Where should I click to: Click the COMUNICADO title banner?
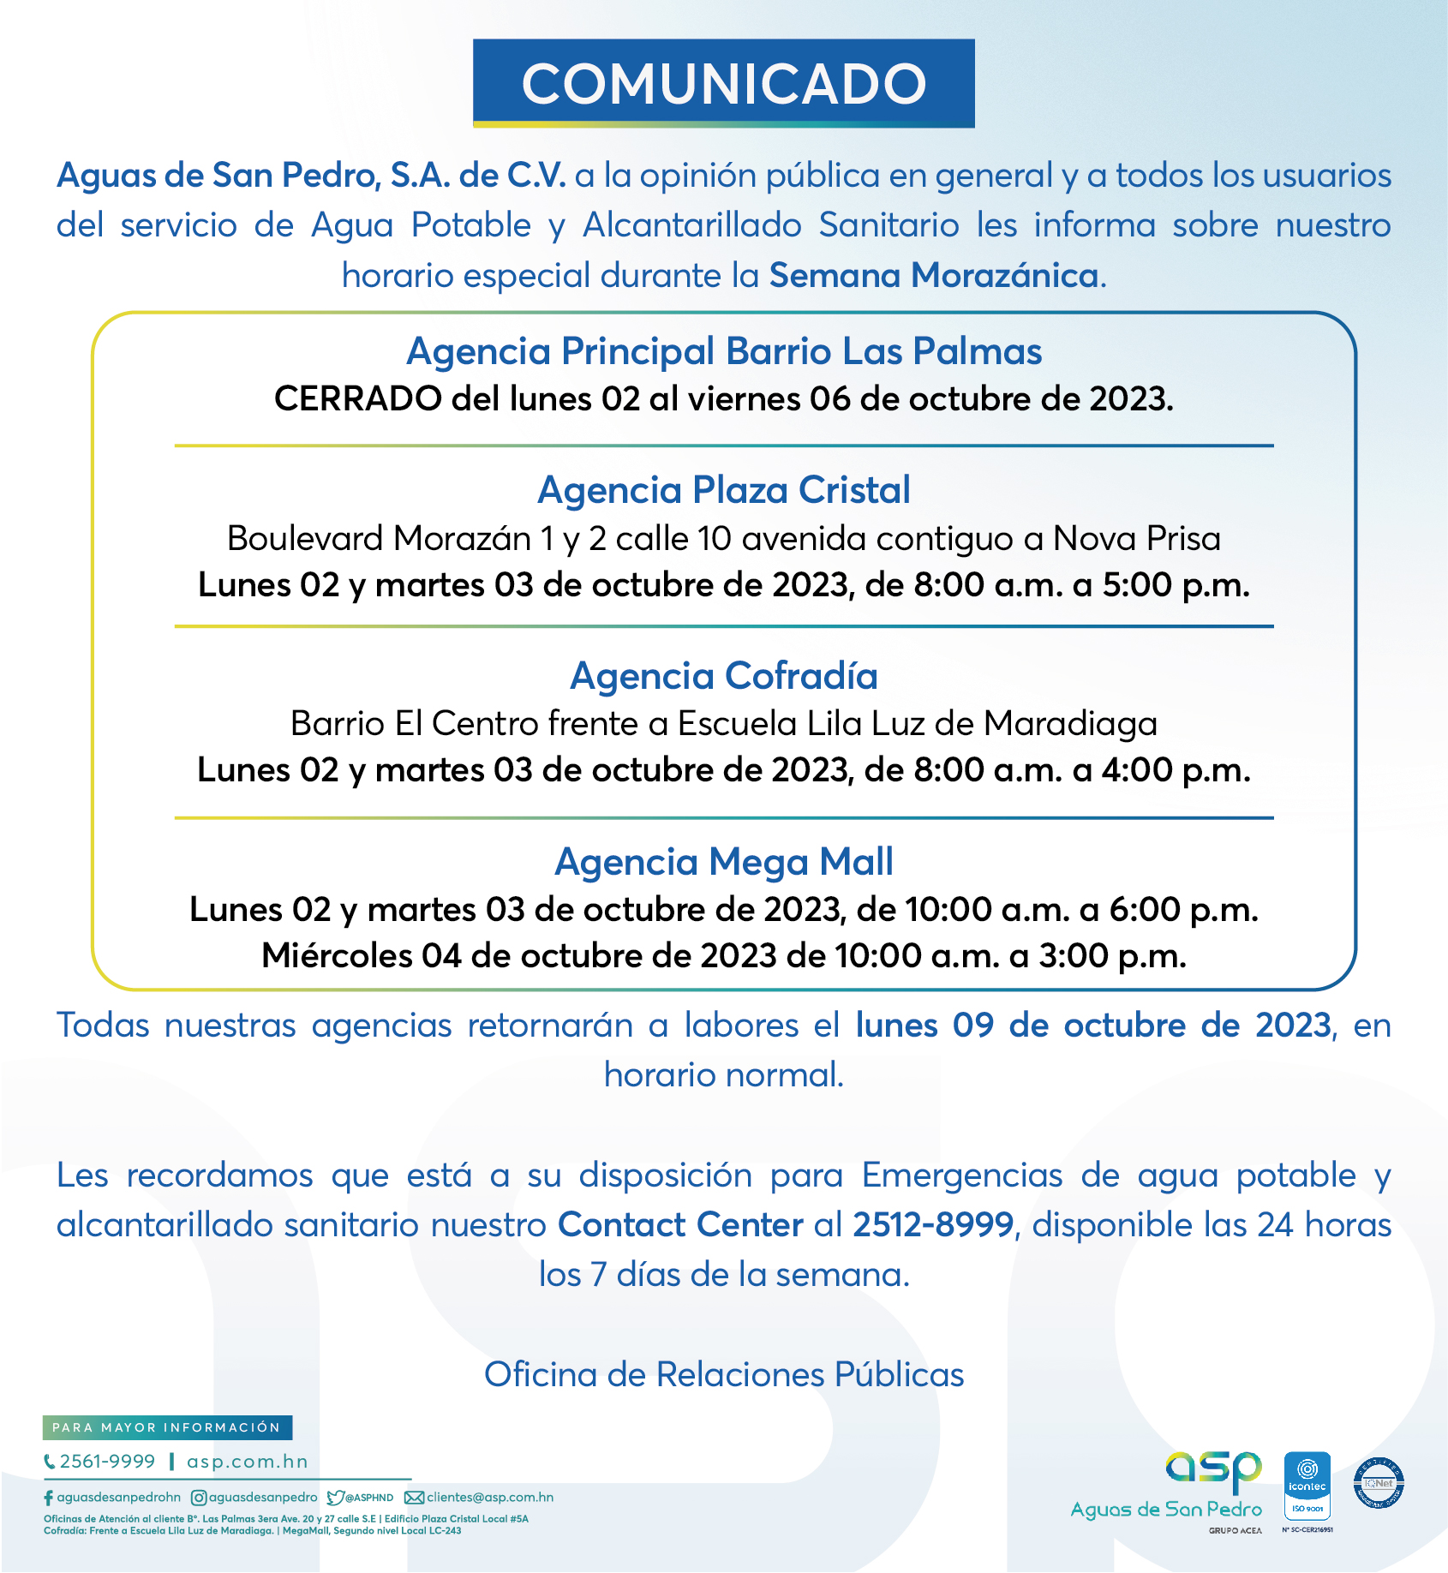(x=723, y=84)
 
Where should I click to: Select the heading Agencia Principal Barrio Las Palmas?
(x=724, y=351)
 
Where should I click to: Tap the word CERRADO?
(x=357, y=399)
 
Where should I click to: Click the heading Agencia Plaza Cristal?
(x=724, y=490)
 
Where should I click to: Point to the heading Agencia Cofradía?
(x=724, y=676)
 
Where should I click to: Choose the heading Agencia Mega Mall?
(x=724, y=862)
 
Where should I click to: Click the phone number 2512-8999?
(x=933, y=1225)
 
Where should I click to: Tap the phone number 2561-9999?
(x=107, y=1462)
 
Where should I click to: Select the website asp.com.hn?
(x=248, y=1462)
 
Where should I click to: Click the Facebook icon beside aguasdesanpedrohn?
(x=48, y=1498)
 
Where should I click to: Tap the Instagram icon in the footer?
(x=198, y=1498)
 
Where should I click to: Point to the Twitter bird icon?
(x=335, y=1498)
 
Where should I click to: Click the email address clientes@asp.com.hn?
(x=490, y=1498)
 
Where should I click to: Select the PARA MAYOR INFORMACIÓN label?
(x=167, y=1427)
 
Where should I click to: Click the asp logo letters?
(x=1213, y=1470)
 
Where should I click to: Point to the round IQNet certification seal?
(x=1379, y=1483)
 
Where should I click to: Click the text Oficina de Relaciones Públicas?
(x=724, y=1374)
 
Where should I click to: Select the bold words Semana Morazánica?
(x=934, y=276)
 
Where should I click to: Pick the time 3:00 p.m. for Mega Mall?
(x=1112, y=956)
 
